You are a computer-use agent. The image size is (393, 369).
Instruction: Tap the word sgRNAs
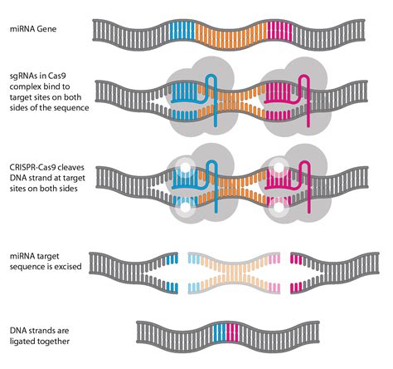pyautogui.click(x=21, y=74)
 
